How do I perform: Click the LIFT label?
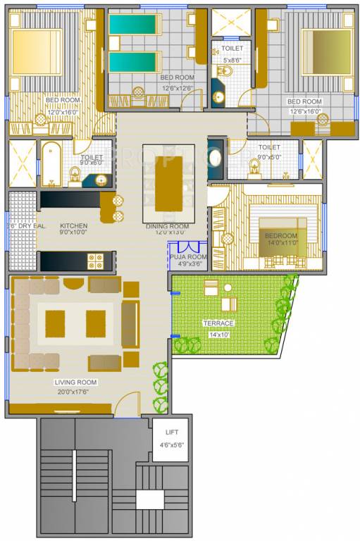point(172,432)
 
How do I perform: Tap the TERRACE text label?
point(218,323)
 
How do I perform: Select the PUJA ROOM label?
point(188,258)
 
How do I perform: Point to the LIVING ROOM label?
point(75,382)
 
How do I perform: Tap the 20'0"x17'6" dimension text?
point(75,391)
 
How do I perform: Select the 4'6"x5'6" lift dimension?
point(172,444)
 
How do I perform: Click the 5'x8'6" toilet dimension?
point(232,61)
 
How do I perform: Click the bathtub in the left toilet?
point(51,165)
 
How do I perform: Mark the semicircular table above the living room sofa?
point(73,283)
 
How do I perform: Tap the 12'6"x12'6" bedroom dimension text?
point(176,88)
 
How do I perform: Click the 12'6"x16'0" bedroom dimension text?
point(304,111)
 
